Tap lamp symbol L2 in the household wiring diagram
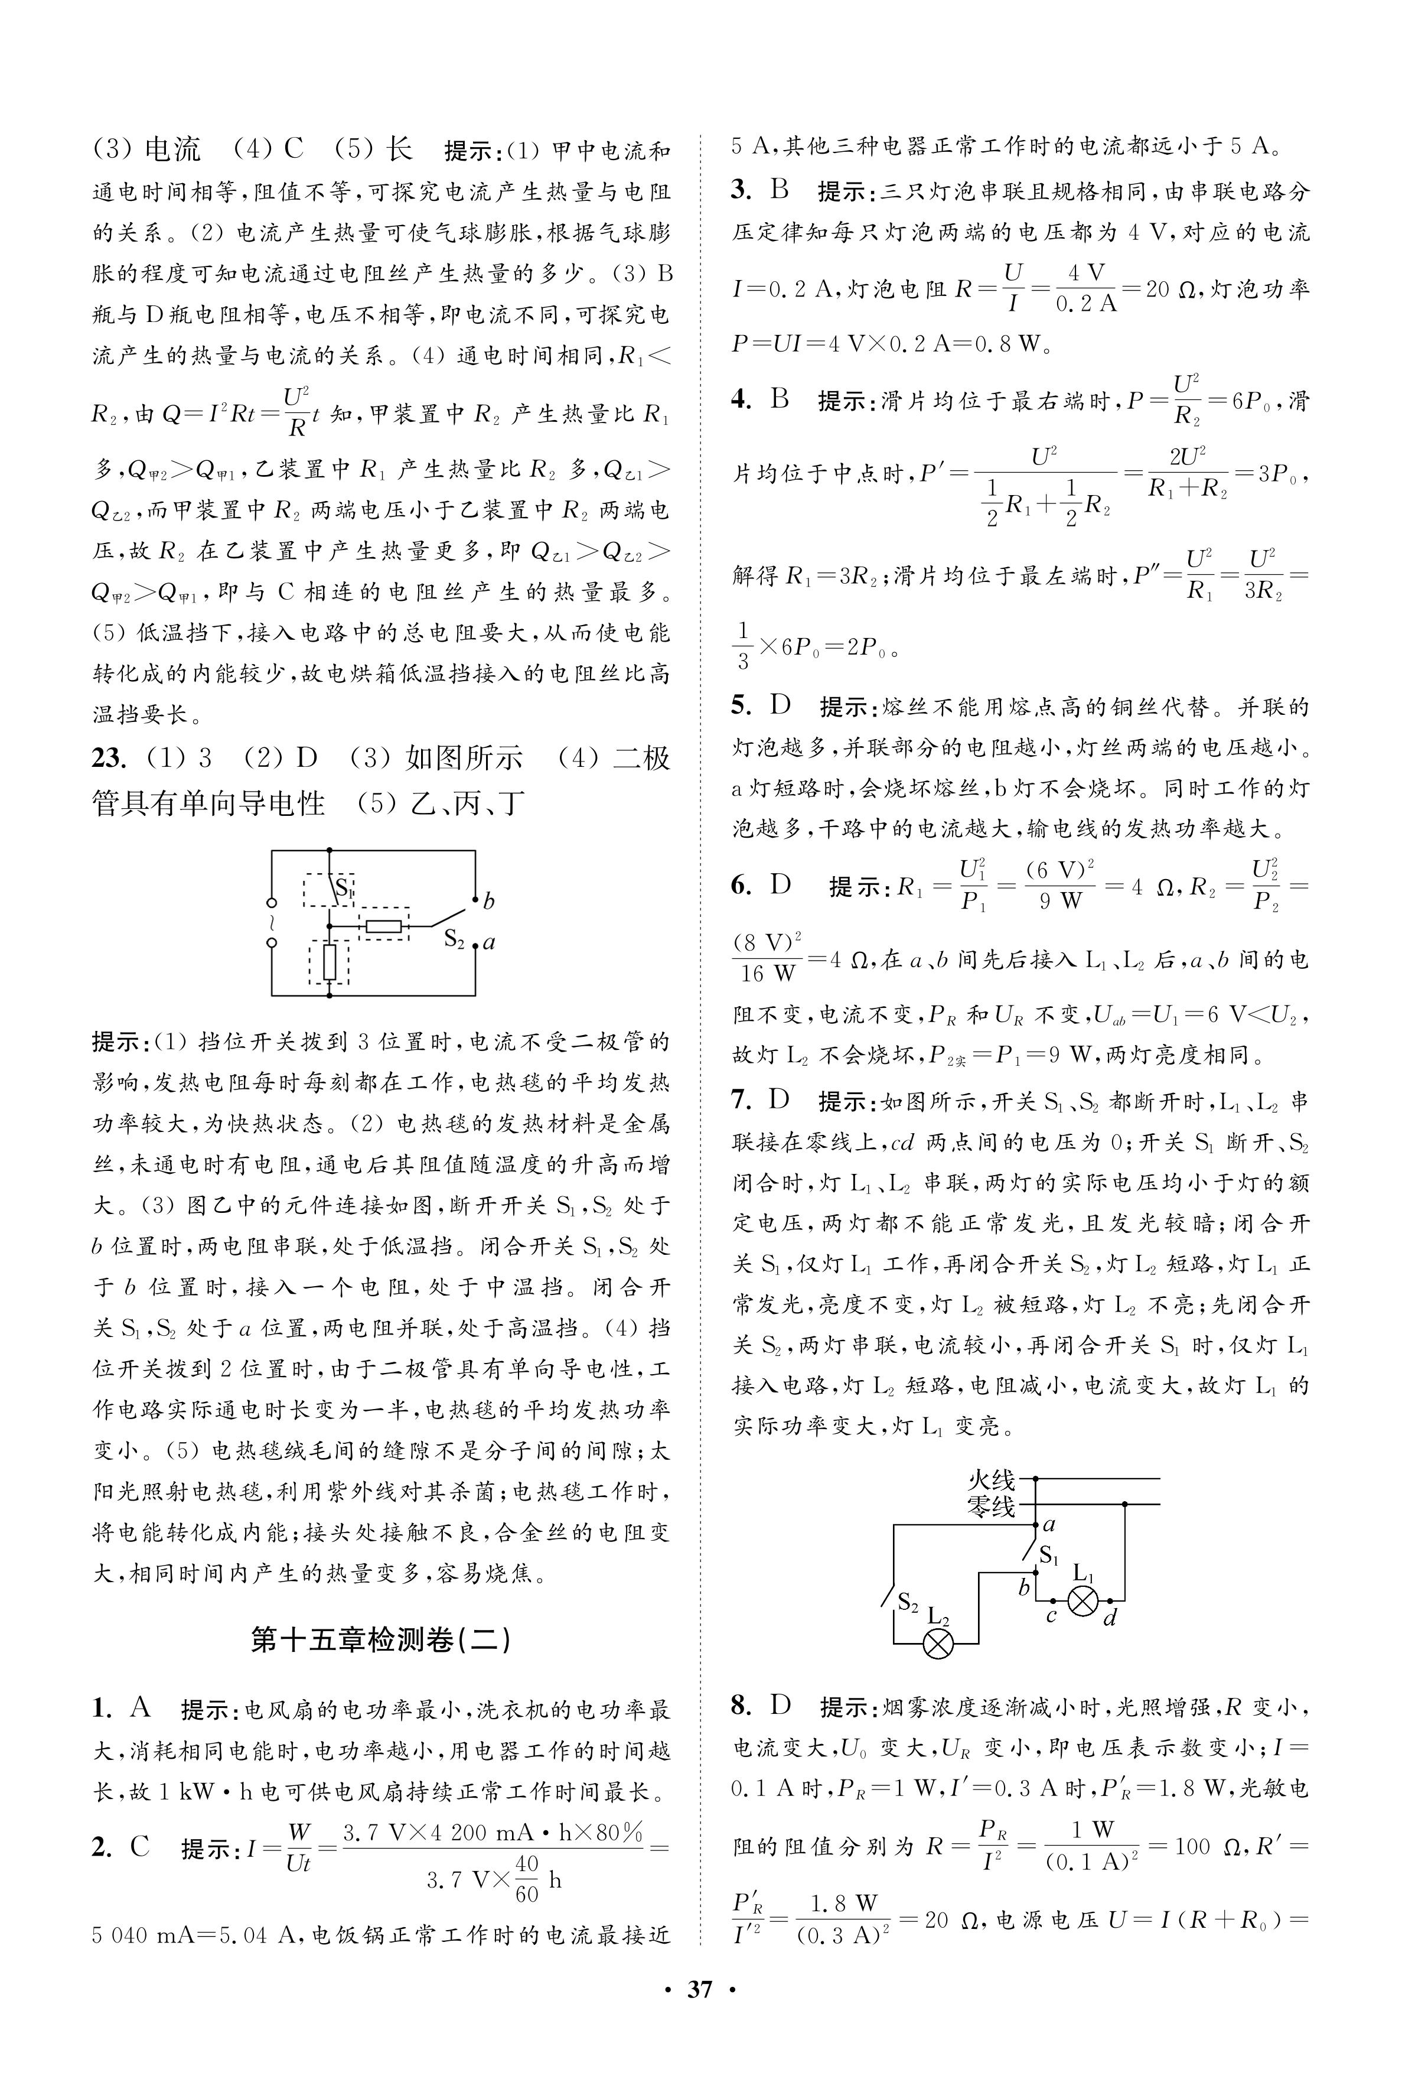(x=938, y=1644)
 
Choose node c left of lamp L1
(x=1051, y=1614)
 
